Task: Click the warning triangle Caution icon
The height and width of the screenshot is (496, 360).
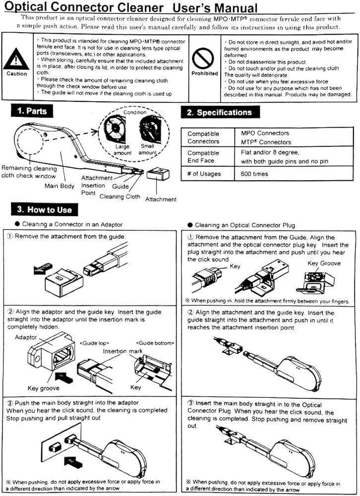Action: [16, 59]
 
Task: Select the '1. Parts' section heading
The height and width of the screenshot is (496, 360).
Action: [32, 111]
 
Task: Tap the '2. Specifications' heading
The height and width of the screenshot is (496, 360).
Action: [220, 112]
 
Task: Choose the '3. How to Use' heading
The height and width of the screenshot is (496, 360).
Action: [44, 209]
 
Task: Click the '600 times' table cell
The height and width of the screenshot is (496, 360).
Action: [254, 174]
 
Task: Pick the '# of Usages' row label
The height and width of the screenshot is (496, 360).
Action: [204, 174]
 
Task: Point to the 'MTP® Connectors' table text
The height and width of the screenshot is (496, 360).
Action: [266, 142]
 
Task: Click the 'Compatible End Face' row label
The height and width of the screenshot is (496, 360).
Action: [203, 157]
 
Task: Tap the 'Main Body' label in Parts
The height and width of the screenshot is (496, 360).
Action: [60, 186]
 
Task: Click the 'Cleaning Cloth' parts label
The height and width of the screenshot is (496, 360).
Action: [120, 196]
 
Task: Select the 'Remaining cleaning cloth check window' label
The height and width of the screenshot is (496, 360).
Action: [29, 172]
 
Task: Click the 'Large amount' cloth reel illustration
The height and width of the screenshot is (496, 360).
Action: [115, 128]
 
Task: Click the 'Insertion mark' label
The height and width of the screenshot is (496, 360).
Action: [123, 351]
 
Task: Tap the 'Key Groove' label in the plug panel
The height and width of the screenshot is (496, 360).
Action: [324, 263]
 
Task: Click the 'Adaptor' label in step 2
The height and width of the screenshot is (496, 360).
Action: [26, 337]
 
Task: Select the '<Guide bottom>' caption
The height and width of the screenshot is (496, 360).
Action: [155, 343]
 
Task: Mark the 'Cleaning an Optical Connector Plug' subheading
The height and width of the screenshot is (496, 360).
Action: [245, 225]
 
